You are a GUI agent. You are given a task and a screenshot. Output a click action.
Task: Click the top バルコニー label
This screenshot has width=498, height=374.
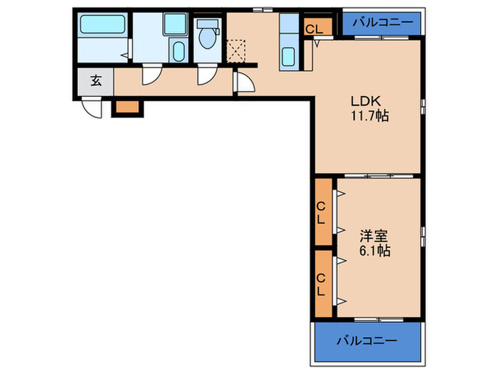coord(383,22)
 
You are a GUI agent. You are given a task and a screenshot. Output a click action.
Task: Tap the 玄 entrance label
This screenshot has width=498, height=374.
coord(95,80)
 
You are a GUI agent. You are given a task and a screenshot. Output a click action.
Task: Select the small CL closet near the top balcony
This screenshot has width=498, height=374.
coord(313,28)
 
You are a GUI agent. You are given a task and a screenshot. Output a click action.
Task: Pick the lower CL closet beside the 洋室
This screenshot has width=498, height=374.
coord(322,284)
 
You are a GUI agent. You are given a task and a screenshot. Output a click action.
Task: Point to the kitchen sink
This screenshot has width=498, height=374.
coord(289,56)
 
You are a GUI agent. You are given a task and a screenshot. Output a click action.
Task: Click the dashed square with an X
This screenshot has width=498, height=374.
coord(235,49)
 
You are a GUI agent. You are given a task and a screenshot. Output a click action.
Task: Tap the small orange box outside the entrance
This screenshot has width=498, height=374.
coord(127,107)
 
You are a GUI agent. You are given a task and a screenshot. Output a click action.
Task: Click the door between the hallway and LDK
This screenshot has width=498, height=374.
coord(244,83)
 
